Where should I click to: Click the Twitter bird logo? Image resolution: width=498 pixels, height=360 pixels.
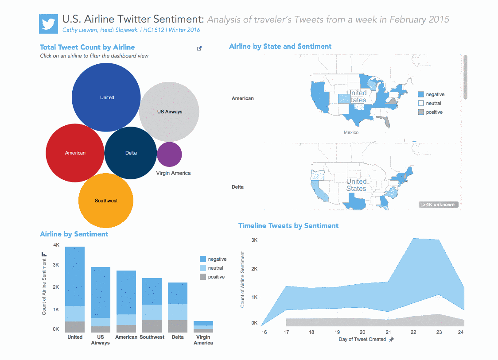[x=49, y=23]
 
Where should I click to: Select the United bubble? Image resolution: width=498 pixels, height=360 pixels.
[x=106, y=97]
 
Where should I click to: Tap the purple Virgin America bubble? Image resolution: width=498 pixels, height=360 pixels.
[x=169, y=154]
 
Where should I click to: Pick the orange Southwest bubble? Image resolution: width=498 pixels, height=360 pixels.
[x=106, y=201]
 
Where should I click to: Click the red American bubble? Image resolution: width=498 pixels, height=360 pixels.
[x=75, y=153]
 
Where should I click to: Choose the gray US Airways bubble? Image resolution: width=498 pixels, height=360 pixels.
[x=169, y=112]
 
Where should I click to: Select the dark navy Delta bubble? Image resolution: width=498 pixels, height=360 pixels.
[x=131, y=153]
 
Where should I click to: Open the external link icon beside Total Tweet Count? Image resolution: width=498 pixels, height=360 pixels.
[x=199, y=48]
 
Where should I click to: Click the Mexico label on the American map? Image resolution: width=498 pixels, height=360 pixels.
[x=351, y=132]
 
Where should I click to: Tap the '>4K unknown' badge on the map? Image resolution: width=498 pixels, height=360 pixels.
[x=438, y=205]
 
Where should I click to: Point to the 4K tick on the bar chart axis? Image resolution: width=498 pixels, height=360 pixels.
[x=56, y=245]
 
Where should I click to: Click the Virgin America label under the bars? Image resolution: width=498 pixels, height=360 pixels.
[x=203, y=340]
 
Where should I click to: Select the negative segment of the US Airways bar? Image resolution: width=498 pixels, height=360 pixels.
[x=101, y=292]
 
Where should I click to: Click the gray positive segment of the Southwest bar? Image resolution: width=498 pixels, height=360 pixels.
[x=152, y=326]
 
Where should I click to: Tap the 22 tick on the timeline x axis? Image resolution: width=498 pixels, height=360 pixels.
[x=413, y=332]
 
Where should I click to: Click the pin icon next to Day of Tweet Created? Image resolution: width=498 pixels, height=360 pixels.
[x=391, y=340]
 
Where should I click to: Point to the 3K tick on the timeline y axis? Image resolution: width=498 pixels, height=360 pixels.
[x=254, y=240]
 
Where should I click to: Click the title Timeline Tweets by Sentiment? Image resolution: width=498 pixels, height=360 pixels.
[x=288, y=225]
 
